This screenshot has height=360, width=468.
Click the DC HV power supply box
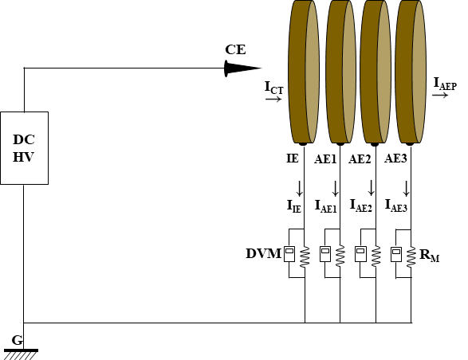[x=24, y=148]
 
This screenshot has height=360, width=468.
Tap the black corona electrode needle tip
[x=262, y=68]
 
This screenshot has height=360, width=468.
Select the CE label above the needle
[x=235, y=49]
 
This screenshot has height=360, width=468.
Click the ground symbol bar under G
[x=21, y=350]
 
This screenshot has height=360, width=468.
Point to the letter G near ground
[x=18, y=340]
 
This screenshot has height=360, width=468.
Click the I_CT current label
[x=273, y=88]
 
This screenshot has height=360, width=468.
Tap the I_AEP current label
[x=445, y=84]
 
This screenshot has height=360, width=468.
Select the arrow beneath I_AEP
[x=440, y=95]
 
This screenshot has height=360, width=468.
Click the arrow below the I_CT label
[x=273, y=99]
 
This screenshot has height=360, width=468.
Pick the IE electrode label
[x=293, y=158]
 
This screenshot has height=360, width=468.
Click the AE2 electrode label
[x=360, y=159]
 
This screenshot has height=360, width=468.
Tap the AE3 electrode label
[x=395, y=158]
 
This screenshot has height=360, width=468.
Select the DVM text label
[x=264, y=254]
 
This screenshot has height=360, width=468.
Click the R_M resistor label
[x=429, y=256]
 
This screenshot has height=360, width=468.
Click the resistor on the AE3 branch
[x=411, y=256]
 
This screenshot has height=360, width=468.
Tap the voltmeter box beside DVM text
[x=289, y=254]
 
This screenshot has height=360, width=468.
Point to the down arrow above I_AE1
[x=335, y=189]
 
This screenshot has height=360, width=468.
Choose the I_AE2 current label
[x=361, y=205]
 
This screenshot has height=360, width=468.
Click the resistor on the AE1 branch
[x=340, y=256]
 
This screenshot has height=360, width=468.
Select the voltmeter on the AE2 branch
[x=360, y=254]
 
